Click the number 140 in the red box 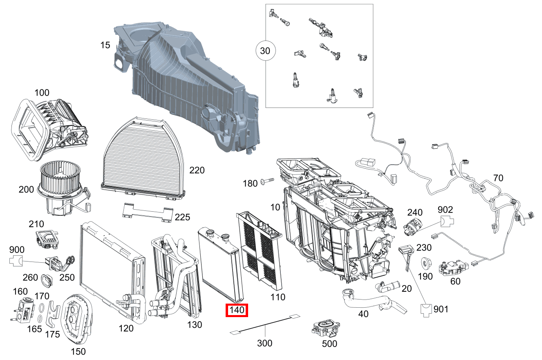(237, 310)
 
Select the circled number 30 (265, 51)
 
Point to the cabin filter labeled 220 (143, 159)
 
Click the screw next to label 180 (267, 181)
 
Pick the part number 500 (329, 344)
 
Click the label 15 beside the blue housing (105, 45)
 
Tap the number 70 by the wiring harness (498, 178)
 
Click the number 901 (441, 309)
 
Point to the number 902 (445, 210)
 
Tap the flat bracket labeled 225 (148, 212)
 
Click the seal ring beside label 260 (47, 281)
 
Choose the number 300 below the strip (265, 343)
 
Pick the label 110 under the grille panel (278, 297)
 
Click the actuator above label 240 (413, 227)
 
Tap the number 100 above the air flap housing (42, 93)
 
